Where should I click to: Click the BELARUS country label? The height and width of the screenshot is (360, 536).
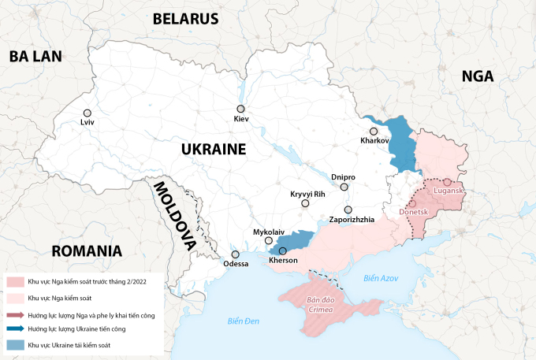185,19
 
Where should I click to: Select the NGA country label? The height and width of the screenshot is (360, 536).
478,76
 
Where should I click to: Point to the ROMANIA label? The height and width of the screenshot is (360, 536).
87,252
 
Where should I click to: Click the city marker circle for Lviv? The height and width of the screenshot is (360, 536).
87,113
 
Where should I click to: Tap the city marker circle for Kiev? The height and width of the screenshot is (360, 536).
241,109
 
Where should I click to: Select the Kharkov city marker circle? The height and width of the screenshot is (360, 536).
374,132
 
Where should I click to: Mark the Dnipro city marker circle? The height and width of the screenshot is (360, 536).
344,187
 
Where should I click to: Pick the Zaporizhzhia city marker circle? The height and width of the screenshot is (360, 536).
348,210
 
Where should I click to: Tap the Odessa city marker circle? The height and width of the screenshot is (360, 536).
235,254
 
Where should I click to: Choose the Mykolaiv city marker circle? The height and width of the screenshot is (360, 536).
269,241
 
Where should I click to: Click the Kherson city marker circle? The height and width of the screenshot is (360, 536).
283,251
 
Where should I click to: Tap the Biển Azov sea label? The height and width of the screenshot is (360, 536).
382,279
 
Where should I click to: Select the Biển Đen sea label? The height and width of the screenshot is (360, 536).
243,320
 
